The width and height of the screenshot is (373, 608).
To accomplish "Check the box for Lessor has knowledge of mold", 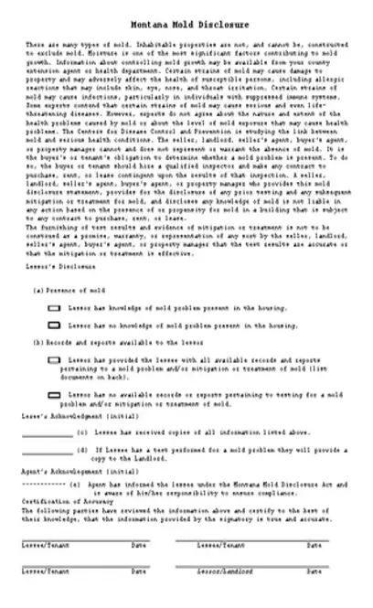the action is (x=53, y=309).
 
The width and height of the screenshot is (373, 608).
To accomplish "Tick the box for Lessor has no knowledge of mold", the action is (x=53, y=325).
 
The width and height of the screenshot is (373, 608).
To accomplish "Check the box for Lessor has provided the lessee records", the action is (x=53, y=361).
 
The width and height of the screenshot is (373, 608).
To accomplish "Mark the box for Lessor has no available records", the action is (x=53, y=393).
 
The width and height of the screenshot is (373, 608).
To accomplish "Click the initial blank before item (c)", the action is (x=46, y=432).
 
